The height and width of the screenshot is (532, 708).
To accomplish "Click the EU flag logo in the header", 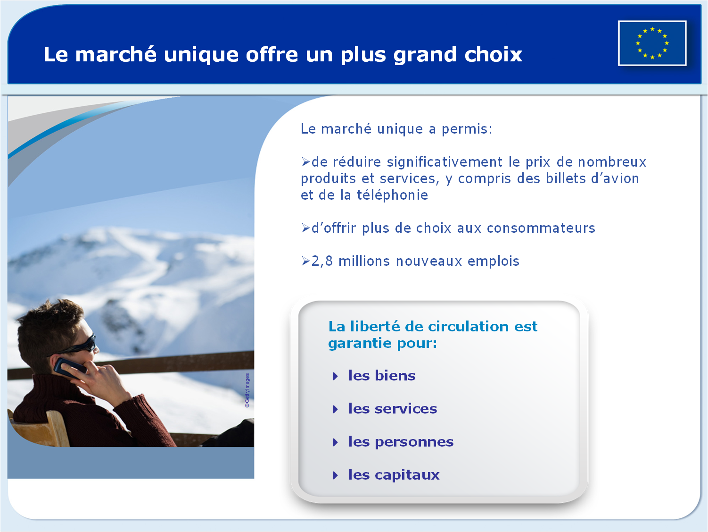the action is click(652, 43).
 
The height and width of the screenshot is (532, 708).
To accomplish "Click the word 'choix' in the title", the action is click(493, 54).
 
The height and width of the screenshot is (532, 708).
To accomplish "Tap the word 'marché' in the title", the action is click(116, 54).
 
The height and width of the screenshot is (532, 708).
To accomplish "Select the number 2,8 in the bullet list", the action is click(322, 261).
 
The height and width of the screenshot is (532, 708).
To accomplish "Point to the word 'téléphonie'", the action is click(392, 195).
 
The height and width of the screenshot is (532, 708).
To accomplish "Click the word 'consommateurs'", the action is click(541, 228).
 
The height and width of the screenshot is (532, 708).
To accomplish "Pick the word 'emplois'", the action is click(493, 262).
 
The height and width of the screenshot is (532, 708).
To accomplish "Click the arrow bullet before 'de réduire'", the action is click(305, 161).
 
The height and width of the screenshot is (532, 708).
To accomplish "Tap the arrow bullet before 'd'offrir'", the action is click(305, 228).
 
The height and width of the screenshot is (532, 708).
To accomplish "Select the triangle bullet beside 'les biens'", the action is click(336, 376).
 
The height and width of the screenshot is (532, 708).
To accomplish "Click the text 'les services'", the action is click(393, 409).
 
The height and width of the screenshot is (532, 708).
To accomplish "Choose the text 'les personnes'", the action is click(401, 442).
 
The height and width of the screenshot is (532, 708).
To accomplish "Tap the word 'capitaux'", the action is click(407, 475).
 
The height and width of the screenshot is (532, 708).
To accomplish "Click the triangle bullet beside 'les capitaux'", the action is click(336, 475).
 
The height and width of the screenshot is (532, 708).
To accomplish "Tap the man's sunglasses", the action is click(79, 346).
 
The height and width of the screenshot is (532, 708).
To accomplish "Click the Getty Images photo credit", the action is click(247, 390).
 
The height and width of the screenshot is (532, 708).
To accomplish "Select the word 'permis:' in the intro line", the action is click(467, 129).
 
